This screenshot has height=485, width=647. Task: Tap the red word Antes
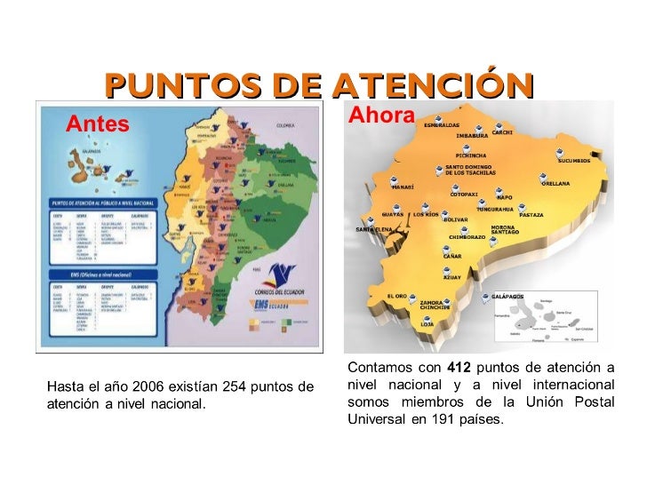tap(98, 124)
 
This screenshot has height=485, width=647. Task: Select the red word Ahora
tap(381, 115)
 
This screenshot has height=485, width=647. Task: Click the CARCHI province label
tap(502, 133)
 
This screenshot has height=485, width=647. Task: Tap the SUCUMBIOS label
tap(573, 162)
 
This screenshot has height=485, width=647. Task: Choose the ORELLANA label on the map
tap(555, 184)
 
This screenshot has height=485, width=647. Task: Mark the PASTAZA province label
tap(531, 215)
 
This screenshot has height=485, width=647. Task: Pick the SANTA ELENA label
tap(374, 230)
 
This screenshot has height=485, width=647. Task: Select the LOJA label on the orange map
tap(427, 325)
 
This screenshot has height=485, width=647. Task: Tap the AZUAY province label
tap(452, 278)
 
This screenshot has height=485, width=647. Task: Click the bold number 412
tap(459, 368)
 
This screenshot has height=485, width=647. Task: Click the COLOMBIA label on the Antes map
tap(284, 125)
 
